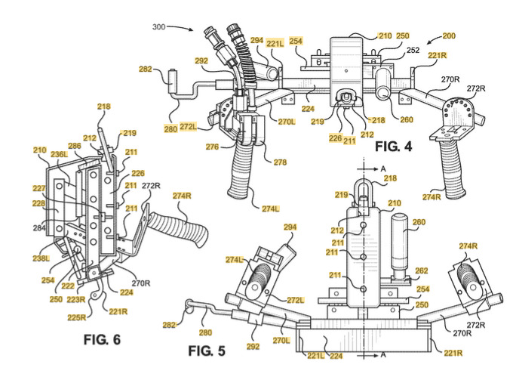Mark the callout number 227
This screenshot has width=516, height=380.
click(38, 190)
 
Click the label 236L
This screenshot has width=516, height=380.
click(58, 153)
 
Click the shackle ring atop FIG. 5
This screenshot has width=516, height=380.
click(368, 184)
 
